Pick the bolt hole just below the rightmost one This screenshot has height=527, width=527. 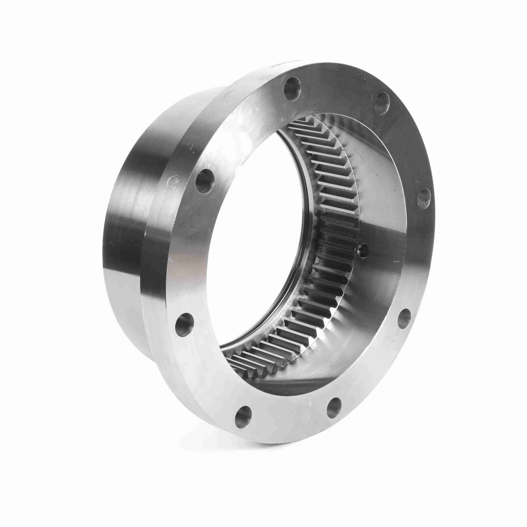tap(404, 318)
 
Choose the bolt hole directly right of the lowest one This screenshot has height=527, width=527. tap(335, 407)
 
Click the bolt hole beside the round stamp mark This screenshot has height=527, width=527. tap(205, 181)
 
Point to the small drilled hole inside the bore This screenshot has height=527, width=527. tap(363, 251)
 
